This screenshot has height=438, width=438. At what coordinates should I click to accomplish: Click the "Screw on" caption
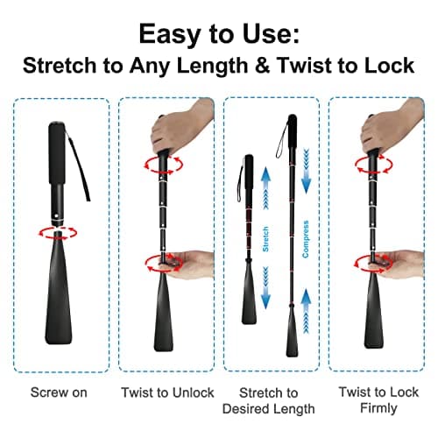click(59, 392)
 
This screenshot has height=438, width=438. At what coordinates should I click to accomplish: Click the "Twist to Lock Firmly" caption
click(377, 400)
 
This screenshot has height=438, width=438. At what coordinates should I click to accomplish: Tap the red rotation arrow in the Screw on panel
click(60, 232)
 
